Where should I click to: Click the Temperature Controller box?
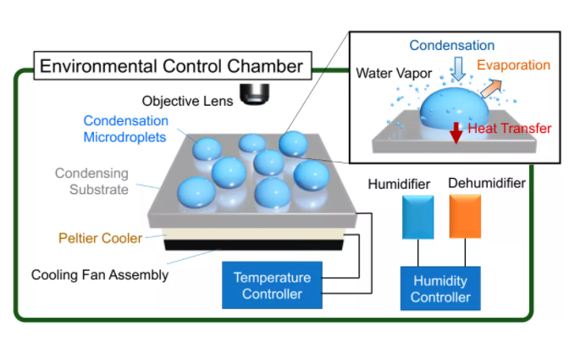click(272, 286)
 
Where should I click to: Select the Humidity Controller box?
click(440, 288)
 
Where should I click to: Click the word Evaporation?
click(513, 64)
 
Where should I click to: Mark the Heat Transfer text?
click(511, 128)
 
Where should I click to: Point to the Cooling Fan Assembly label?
click(100, 274)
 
